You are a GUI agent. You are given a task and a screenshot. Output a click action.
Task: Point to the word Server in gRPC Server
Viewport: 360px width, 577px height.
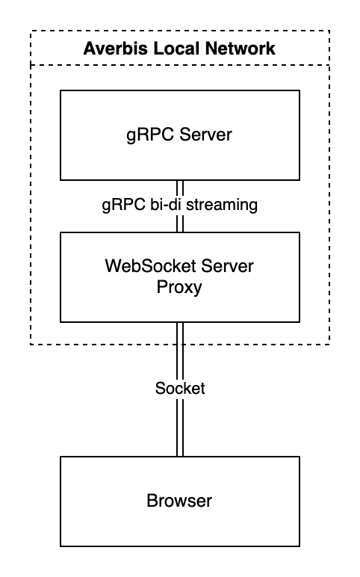coord(205,134)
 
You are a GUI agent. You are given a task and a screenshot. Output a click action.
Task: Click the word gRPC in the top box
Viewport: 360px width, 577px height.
coord(150,135)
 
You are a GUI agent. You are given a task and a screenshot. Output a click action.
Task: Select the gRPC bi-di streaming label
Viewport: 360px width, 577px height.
coord(180,205)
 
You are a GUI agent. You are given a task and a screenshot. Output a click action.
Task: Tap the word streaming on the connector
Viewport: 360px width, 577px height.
coord(222,205)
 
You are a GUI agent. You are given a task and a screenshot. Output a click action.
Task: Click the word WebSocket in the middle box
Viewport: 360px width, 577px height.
coord(150,265)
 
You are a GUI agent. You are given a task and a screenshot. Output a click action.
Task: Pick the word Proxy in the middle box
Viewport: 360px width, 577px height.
coord(179,288)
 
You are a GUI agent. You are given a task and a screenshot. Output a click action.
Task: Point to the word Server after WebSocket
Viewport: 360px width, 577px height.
coord(227,265)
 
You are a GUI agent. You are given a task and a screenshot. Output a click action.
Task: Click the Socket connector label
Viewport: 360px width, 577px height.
coord(180,388)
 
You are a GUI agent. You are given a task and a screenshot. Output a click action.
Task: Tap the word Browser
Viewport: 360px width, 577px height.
coord(179,501)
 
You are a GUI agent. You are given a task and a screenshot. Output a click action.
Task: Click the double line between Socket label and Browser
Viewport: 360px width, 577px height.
coord(180,427)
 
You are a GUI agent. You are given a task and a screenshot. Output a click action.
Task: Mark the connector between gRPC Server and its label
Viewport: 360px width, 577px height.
coord(180,188)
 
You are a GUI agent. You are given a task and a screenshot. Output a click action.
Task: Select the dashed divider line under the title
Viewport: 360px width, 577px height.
coord(180,65)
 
